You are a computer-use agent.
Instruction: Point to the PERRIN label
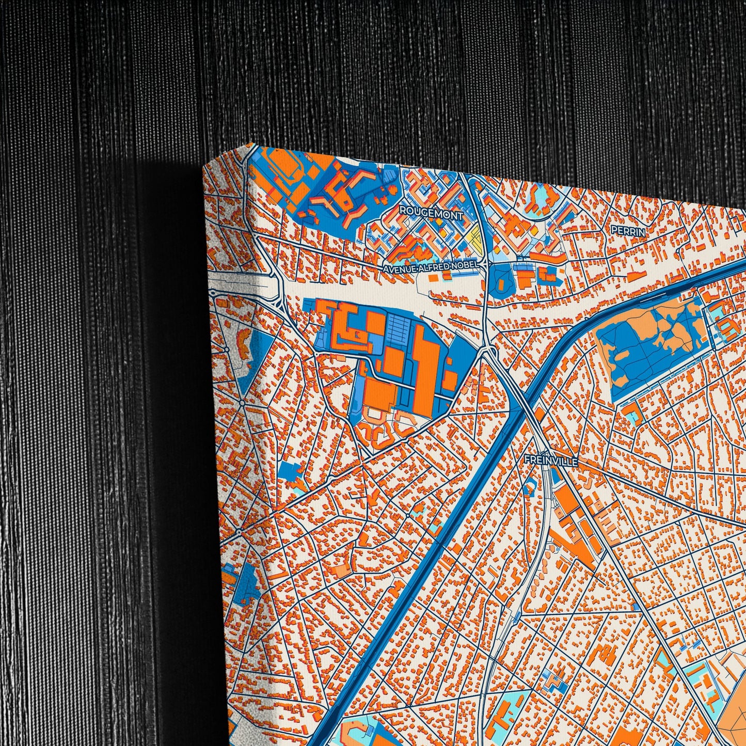[627, 232]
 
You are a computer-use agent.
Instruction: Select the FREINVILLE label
[551, 461]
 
